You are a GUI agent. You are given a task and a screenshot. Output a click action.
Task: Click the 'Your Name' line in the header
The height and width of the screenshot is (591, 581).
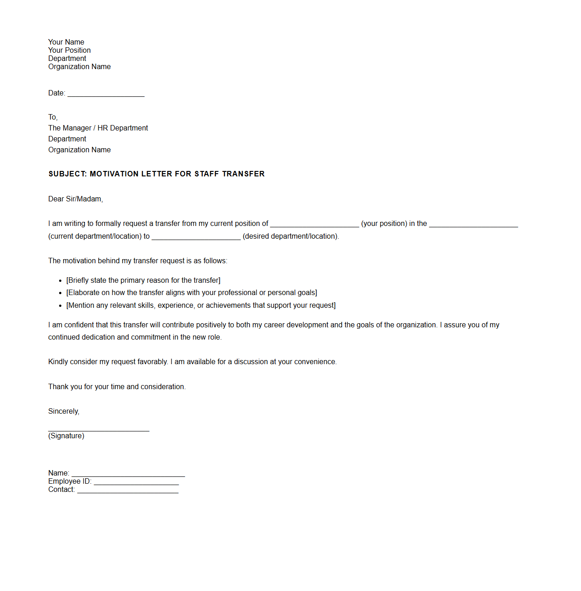(66, 42)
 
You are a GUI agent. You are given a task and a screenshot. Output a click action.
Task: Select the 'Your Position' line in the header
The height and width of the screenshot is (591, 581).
(70, 50)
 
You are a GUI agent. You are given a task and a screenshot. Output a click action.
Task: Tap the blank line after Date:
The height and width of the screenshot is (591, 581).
(106, 94)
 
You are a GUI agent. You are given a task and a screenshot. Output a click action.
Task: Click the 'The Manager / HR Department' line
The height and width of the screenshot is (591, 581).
(98, 128)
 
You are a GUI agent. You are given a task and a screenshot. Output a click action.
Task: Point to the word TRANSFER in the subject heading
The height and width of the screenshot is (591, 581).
(243, 174)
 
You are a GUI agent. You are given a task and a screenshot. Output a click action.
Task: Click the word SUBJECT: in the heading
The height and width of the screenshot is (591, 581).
(68, 174)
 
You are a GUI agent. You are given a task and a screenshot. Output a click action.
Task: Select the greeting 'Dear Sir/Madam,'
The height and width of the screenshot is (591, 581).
(75, 199)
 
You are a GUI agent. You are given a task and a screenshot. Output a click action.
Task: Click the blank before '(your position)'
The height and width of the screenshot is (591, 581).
(315, 224)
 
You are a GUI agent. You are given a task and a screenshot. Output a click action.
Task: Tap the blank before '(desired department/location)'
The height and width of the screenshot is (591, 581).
(196, 237)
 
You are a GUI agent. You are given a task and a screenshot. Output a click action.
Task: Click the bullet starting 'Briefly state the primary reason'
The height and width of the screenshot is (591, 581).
(143, 280)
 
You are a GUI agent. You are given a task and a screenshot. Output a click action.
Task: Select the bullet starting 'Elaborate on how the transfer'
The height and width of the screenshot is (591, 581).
(191, 293)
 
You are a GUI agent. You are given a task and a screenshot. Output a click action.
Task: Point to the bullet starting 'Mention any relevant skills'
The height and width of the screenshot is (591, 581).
(201, 306)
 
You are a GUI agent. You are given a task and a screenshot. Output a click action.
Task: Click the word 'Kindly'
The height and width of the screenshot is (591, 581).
(58, 362)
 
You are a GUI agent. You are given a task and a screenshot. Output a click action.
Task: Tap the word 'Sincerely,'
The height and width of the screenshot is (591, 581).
(64, 411)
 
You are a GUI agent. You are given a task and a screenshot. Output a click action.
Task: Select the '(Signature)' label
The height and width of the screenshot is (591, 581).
(66, 436)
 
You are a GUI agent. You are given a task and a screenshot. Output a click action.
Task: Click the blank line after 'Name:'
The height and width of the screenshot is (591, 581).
(128, 474)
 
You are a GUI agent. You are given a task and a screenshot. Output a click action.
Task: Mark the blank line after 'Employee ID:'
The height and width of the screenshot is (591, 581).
(136, 482)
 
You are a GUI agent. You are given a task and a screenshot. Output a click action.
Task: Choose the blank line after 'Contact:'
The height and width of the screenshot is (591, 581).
(128, 491)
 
